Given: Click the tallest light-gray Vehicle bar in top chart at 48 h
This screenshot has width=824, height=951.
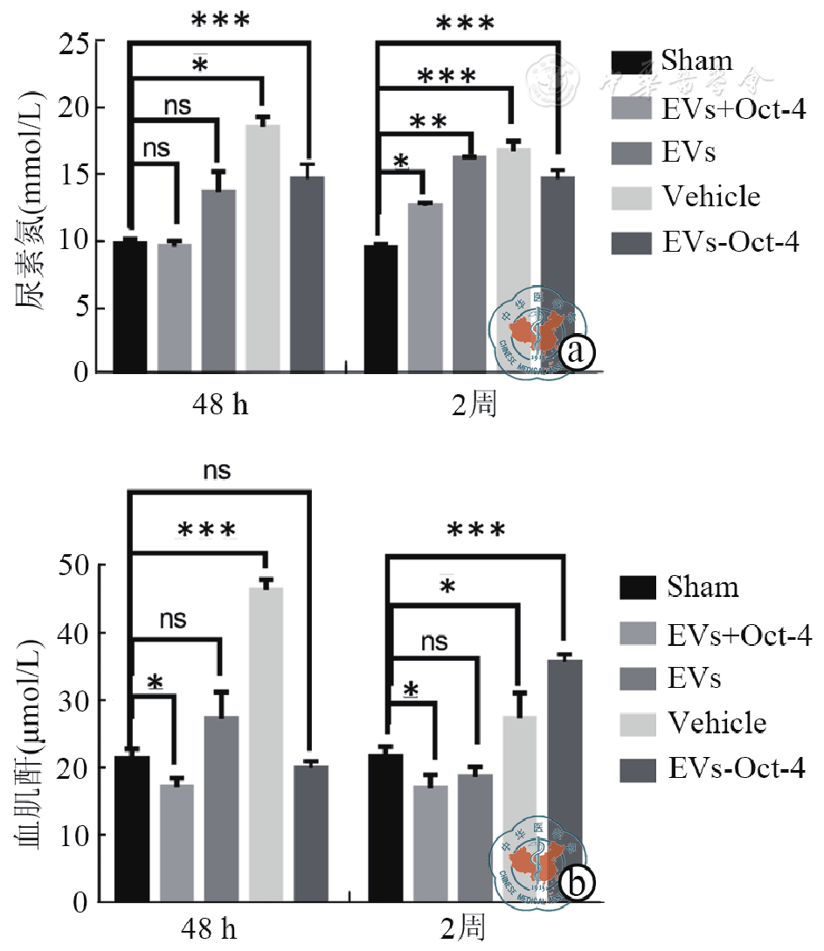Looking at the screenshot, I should (x=263, y=249).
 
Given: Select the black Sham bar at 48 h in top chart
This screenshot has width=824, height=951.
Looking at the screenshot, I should (x=130, y=306).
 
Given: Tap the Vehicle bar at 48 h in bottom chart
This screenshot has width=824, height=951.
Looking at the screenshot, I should (x=266, y=743).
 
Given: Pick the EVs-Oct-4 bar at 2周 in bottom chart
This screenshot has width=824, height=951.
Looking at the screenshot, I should (x=564, y=778).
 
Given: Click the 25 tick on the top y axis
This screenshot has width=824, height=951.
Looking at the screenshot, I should (x=76, y=41).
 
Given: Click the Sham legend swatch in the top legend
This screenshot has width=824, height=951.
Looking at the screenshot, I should (x=631, y=62).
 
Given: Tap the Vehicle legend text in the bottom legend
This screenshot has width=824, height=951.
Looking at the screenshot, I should (x=717, y=723).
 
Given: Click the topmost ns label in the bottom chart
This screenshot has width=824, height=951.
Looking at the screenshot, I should (x=218, y=470).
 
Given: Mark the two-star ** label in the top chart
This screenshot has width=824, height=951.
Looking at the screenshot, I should (x=427, y=122).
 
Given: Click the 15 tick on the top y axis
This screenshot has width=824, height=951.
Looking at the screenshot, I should (x=76, y=174).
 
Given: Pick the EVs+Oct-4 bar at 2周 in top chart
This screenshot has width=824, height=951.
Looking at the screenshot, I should (x=424, y=288).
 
